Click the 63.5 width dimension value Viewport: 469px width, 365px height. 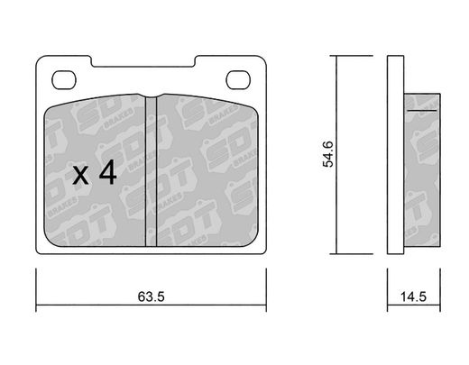pos(151,297)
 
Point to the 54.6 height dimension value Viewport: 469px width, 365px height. pos(328,154)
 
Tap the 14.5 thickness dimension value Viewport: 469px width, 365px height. pos(413,297)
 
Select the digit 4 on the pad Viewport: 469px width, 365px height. pos(108,172)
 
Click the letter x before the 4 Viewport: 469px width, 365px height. pos(80,176)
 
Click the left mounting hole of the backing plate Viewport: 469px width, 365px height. pos(64,80)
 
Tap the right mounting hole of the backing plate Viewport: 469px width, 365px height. pos(238,80)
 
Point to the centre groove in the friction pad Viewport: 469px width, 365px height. pos(151,171)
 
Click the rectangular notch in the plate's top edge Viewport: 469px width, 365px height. pos(143,61)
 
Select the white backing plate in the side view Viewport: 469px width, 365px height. pos(395,155)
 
